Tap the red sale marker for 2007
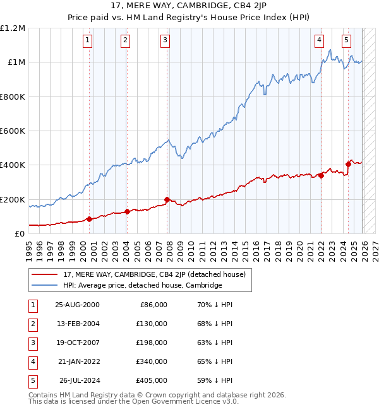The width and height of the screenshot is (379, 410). [167, 199]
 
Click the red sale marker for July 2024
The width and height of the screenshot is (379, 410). [348, 164]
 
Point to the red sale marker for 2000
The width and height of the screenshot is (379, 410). [89, 219]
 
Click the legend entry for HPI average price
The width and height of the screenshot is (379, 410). [142, 285]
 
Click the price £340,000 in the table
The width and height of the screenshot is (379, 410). [152, 361]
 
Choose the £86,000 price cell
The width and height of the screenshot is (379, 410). [153, 305]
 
